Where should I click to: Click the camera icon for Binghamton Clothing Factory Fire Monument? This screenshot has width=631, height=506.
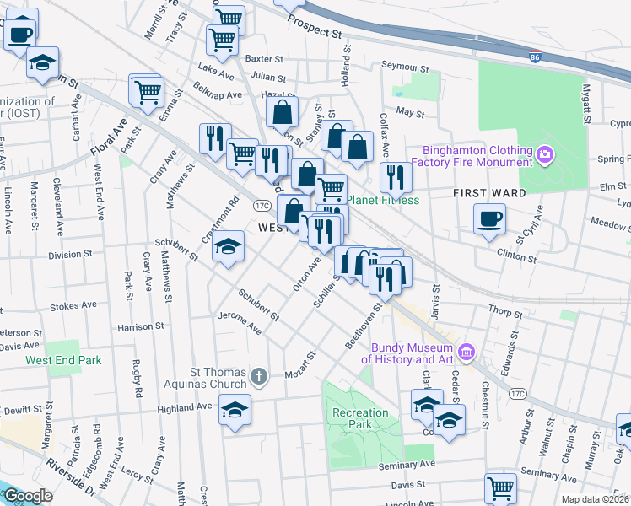point(545,154)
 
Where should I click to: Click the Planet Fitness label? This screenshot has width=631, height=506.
point(382,201)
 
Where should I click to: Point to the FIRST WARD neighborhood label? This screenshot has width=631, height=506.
point(489,193)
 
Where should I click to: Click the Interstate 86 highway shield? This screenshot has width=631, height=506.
point(535,57)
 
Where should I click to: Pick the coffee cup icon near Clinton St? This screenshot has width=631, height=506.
point(489,219)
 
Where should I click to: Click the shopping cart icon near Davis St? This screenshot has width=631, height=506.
point(500,487)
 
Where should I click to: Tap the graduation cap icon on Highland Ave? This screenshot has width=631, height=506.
point(235,410)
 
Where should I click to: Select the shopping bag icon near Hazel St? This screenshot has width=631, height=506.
point(283,110)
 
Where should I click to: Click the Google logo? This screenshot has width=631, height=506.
point(29,496)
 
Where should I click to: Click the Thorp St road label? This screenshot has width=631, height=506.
point(529,312)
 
